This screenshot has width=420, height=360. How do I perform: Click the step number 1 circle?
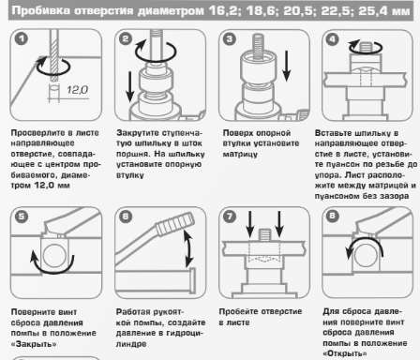point(22,39)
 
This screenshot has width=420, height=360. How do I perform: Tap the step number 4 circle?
point(332,39)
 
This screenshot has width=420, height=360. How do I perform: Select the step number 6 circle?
point(126,217)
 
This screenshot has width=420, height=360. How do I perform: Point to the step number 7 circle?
point(230,217)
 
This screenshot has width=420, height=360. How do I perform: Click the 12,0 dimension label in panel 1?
point(77,90)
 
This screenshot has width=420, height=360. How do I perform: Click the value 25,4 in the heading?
point(371,11)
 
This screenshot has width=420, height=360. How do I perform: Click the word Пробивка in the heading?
point(41,10)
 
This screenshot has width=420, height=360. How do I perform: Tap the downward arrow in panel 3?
point(286,66)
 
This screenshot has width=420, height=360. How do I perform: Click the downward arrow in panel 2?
point(129,87)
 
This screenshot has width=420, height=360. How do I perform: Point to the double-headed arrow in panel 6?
point(188,248)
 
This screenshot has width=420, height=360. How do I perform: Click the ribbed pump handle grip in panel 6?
point(175,223)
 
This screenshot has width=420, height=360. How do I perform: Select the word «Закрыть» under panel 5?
point(34,344)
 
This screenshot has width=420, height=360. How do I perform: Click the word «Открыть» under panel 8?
point(345,353)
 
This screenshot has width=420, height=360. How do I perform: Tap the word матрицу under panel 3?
point(240,154)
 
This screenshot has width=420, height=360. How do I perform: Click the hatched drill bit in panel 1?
point(54,54)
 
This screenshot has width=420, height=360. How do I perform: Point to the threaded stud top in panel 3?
point(258,44)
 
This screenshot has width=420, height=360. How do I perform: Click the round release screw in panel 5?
point(54,255)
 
